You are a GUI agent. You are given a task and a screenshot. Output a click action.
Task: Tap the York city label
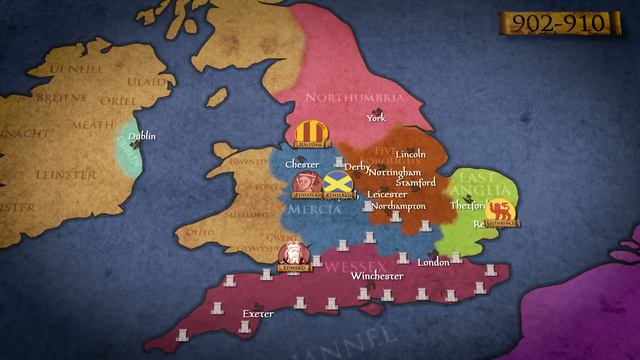coord(376,118)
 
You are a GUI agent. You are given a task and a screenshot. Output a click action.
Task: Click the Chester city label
coord(302,163)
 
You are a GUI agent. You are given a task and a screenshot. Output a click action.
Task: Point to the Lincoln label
coord(411,155)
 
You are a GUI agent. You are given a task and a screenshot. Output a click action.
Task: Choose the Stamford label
coord(415,184)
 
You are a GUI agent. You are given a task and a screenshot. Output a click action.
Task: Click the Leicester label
coord(387,194)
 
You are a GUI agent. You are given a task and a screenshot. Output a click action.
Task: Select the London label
coord(434,262)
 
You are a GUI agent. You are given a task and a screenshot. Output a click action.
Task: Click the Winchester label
coord(377,276)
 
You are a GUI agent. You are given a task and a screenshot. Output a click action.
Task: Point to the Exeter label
coord(258,313)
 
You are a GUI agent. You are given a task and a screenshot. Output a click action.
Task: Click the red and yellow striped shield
coord(311,131)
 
